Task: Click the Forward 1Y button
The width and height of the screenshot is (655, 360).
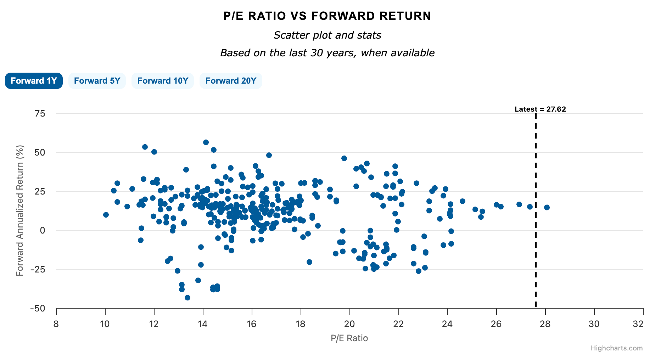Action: tap(34, 81)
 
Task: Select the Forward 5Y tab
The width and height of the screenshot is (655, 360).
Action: tap(97, 81)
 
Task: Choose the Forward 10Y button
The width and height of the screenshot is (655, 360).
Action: tap(163, 81)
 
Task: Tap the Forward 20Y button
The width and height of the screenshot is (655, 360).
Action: tap(231, 81)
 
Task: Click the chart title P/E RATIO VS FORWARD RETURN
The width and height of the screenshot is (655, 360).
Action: tap(327, 16)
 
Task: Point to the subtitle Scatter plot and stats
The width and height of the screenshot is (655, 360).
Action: tap(327, 35)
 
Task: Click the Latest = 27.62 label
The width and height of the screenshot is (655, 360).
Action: tap(540, 109)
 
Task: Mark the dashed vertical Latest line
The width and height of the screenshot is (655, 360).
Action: tap(536, 213)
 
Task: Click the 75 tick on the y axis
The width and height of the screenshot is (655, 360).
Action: tap(40, 113)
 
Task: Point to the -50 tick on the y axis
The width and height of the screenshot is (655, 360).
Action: tap(38, 308)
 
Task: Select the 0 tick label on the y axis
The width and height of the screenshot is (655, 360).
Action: tap(43, 230)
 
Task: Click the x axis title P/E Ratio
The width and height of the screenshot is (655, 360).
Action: tap(349, 338)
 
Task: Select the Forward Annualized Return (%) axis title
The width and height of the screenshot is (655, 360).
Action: tap(20, 210)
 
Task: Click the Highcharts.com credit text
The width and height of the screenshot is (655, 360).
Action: tap(616, 348)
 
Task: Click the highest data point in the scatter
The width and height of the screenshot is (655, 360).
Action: tap(206, 142)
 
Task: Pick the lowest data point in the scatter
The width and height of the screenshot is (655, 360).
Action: tap(187, 298)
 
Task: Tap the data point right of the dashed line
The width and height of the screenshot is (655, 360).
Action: tap(547, 207)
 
